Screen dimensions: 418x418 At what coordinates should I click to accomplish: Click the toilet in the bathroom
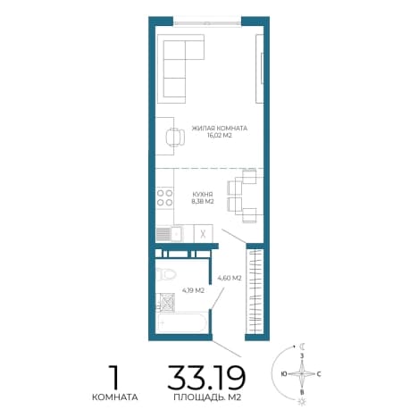click(166, 274)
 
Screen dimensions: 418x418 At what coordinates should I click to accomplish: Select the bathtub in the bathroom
click(181, 322)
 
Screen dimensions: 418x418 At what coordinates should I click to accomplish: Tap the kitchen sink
click(170, 234)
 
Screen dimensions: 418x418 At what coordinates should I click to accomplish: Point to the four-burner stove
click(165, 198)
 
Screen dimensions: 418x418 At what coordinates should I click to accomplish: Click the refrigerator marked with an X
click(204, 234)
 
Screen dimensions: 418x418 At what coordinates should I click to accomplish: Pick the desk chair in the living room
click(175, 138)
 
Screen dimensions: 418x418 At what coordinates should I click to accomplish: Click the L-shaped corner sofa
click(180, 69)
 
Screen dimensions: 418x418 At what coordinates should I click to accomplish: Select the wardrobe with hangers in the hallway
click(255, 291)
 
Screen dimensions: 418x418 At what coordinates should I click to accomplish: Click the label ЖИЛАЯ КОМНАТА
click(220, 129)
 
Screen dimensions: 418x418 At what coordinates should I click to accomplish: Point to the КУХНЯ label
click(203, 194)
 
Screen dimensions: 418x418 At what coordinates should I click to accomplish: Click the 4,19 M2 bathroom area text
click(193, 290)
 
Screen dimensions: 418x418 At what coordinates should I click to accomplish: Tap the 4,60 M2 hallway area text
click(230, 279)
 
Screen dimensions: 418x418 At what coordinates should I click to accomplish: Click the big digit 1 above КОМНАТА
click(114, 376)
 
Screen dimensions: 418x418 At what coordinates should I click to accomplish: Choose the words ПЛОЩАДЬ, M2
click(207, 397)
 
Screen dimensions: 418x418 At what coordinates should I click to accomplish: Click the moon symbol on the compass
click(303, 347)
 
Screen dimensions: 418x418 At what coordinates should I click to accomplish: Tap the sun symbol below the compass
click(302, 402)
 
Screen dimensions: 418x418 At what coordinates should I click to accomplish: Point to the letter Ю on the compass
click(284, 373)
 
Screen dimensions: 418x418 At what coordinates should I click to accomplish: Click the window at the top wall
click(207, 22)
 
